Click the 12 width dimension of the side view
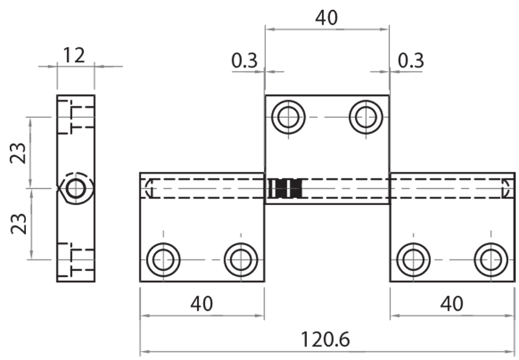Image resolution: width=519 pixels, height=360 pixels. pyautogui.click(x=75, y=55)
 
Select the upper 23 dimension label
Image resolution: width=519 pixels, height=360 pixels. pyautogui.click(x=19, y=153)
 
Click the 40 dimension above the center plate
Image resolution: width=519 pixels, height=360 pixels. pyautogui.click(x=326, y=18)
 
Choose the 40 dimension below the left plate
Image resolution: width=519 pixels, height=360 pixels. pyautogui.click(x=201, y=303)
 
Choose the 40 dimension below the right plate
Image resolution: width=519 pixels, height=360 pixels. pyautogui.click(x=452, y=303)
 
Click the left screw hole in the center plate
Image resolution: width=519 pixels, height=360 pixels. pyautogui.click(x=287, y=117)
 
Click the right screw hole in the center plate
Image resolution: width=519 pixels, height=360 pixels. pyautogui.click(x=365, y=117)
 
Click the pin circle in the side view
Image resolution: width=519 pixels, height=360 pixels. pyautogui.click(x=76, y=189)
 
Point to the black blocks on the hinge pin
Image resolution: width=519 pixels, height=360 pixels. pyautogui.click(x=286, y=188)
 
